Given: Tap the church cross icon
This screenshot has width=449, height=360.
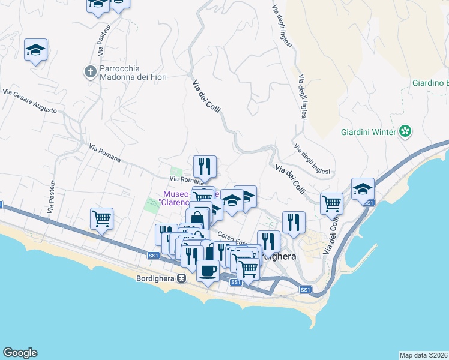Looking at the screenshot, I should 90,72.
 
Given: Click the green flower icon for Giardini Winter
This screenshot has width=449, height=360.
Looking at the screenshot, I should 406,131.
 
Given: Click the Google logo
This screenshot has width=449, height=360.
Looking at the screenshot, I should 20,353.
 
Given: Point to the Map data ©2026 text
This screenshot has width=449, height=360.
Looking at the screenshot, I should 424,355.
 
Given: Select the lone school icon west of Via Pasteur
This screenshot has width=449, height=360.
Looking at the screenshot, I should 36,50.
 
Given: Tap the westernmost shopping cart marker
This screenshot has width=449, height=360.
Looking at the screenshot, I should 102,219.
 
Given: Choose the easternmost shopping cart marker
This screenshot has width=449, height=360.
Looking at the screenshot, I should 331,204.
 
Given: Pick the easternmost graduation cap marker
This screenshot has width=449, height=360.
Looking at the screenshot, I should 363,189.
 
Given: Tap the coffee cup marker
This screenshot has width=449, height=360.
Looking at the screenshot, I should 208,271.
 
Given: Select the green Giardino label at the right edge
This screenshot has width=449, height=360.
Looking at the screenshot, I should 430,83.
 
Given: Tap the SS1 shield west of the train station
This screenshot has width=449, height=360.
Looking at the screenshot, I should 154,256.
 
